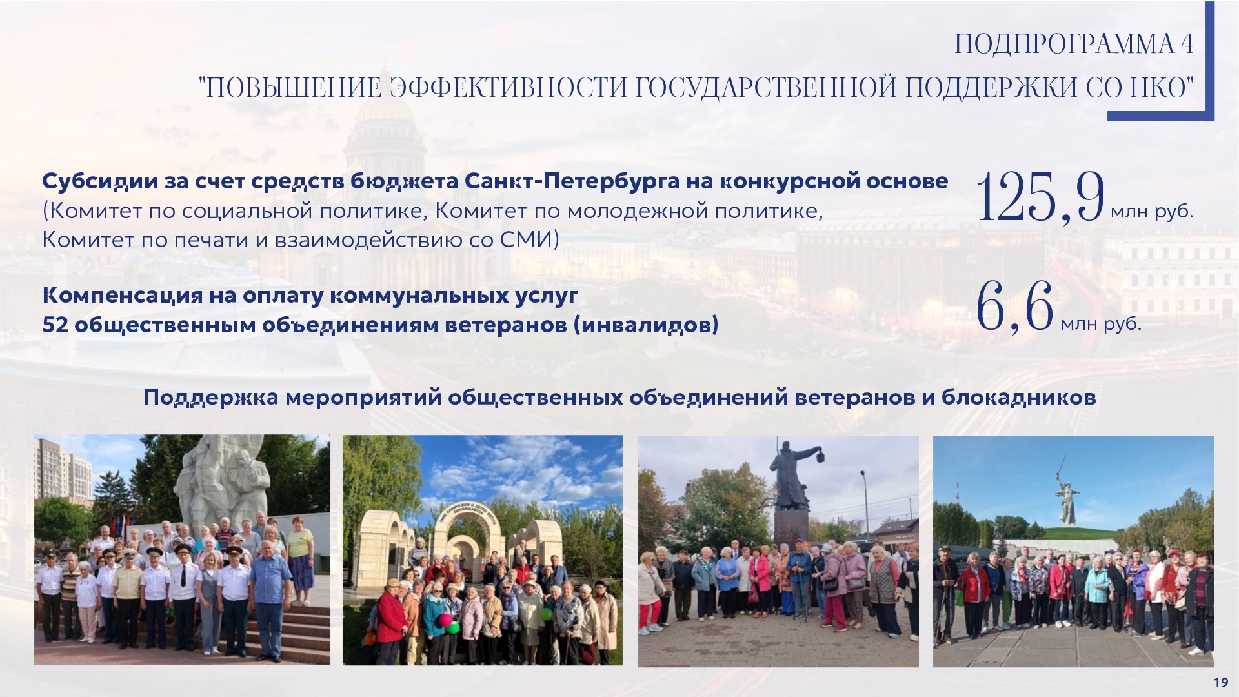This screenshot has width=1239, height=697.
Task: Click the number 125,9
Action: pos(1041,197)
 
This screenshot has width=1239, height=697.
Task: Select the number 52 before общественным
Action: pos(55,325)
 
